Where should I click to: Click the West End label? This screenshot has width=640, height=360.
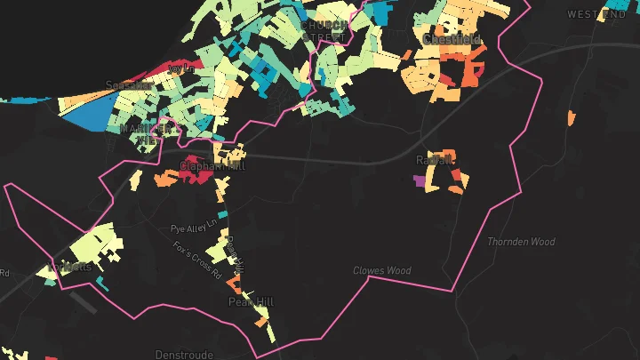click(596, 14)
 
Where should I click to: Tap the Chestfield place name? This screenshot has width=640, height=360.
click(452, 40)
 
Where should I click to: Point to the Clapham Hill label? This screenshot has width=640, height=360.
click(212, 165)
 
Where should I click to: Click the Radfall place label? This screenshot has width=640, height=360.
click(435, 160)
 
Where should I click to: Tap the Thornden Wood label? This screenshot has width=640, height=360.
click(521, 242)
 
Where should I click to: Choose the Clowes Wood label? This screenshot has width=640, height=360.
click(381, 270)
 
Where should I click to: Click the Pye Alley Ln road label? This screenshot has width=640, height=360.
click(194, 228)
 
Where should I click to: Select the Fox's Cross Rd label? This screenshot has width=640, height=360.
click(196, 259)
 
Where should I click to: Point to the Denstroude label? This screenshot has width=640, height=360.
click(184, 354)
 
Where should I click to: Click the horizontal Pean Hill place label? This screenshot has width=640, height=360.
click(252, 302)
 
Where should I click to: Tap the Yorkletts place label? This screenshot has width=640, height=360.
click(73, 266)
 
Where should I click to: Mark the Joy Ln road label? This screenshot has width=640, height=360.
click(181, 68)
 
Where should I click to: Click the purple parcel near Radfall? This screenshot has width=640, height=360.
click(420, 180)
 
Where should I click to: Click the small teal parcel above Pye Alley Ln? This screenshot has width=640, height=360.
click(222, 214)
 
